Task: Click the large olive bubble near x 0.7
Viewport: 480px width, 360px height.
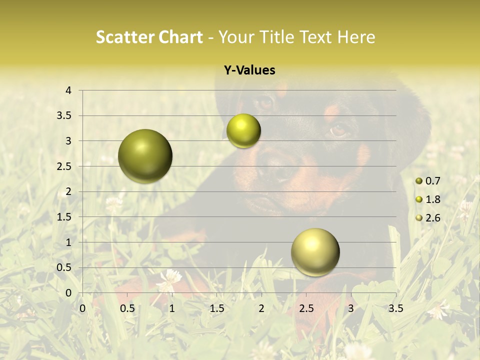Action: pyautogui.click(x=145, y=156)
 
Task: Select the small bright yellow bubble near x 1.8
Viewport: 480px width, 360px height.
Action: pyautogui.click(x=243, y=131)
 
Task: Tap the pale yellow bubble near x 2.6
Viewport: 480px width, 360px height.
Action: pyautogui.click(x=315, y=252)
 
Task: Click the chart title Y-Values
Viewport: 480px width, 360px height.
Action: pyautogui.click(x=249, y=70)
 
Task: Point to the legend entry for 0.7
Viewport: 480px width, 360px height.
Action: pyautogui.click(x=428, y=181)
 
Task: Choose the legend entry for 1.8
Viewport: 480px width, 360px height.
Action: pyautogui.click(x=428, y=199)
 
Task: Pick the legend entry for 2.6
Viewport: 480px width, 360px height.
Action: pyautogui.click(x=428, y=218)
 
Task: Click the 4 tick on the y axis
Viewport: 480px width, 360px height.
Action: pyautogui.click(x=68, y=90)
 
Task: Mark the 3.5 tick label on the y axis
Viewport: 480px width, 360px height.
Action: pyautogui.click(x=63, y=116)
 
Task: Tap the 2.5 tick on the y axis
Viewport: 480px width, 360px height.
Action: pyautogui.click(x=63, y=166)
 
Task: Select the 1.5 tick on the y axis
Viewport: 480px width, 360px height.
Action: pyautogui.click(x=63, y=217)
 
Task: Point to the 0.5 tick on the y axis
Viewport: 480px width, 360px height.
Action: pyautogui.click(x=63, y=268)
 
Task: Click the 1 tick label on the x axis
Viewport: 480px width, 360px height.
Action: pyautogui.click(x=172, y=308)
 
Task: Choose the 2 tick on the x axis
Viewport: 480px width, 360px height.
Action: pyautogui.click(x=261, y=308)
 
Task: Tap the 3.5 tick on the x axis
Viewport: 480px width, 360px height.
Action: pyautogui.click(x=395, y=308)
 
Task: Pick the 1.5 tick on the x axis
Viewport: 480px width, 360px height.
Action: pyautogui.click(x=216, y=308)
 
